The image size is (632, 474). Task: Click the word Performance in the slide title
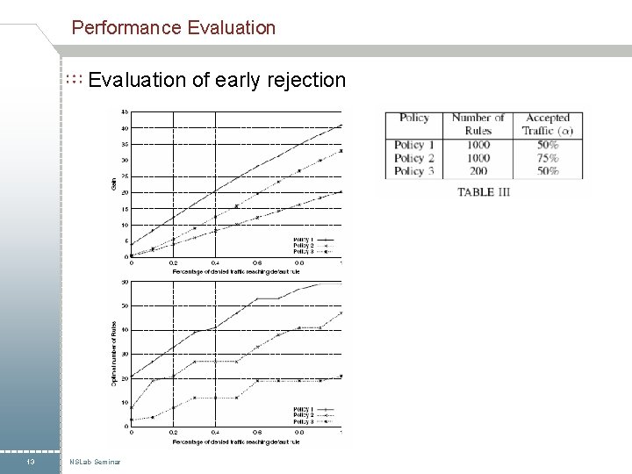(x=126, y=28)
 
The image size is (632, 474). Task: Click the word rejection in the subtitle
(x=305, y=81)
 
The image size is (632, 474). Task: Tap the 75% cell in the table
(x=548, y=158)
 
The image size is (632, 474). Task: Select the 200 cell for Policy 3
(x=478, y=171)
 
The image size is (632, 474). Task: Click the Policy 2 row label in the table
(x=409, y=158)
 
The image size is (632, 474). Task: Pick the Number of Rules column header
(x=478, y=124)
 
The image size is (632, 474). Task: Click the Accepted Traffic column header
(x=548, y=124)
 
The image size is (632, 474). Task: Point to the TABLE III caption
(x=483, y=192)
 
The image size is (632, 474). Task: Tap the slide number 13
(x=31, y=462)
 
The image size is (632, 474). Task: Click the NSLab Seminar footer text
(x=96, y=462)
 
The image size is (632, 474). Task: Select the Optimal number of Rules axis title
(x=114, y=351)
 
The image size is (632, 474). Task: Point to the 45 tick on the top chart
(x=126, y=112)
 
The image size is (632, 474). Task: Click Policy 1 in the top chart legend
(x=303, y=239)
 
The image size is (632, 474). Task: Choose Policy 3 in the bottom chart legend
(x=303, y=421)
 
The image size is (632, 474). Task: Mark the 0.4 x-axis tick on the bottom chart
(x=215, y=432)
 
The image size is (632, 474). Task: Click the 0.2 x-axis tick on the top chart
(x=173, y=262)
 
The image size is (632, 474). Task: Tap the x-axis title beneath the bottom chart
(x=236, y=442)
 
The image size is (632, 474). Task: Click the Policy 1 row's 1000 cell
(x=478, y=145)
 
